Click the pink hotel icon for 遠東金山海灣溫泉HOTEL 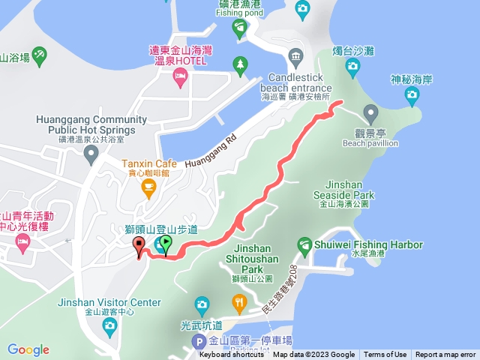click(180, 75)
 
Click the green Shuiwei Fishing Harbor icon click(304, 244)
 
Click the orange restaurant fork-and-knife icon click(239, 303)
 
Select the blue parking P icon click(199, 341)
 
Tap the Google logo click(28, 349)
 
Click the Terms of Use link click(385, 355)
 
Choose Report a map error click(445, 355)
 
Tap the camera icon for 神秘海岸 click(412, 94)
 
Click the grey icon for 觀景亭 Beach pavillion click(370, 113)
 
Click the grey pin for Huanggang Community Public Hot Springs click(91, 155)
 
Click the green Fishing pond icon click(239, 28)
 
